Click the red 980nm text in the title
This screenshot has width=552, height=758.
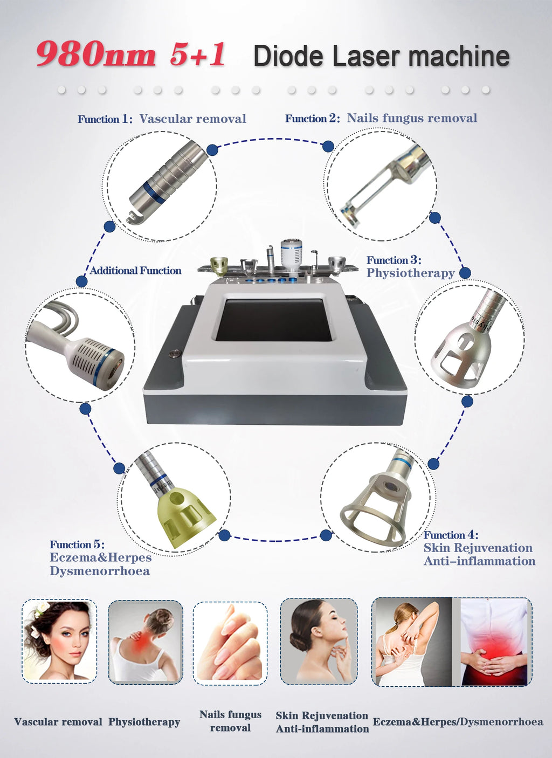click(x=96, y=55)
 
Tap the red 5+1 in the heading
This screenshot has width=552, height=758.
click(x=197, y=55)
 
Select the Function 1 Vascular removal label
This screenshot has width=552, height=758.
click(x=162, y=119)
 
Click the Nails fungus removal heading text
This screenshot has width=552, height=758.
click(x=412, y=118)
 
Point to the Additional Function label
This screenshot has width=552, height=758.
click(x=135, y=271)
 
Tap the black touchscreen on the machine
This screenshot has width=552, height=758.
click(x=274, y=320)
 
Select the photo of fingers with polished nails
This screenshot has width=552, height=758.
click(x=230, y=643)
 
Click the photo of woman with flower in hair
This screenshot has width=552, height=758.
click(x=59, y=642)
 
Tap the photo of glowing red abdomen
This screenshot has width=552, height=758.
click(x=493, y=642)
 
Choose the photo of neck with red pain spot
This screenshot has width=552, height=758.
click(x=145, y=643)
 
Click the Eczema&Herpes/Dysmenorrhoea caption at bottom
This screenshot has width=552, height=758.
click(x=458, y=722)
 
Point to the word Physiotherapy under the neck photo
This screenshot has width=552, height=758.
click(x=144, y=722)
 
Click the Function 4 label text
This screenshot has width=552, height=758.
click(x=451, y=535)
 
